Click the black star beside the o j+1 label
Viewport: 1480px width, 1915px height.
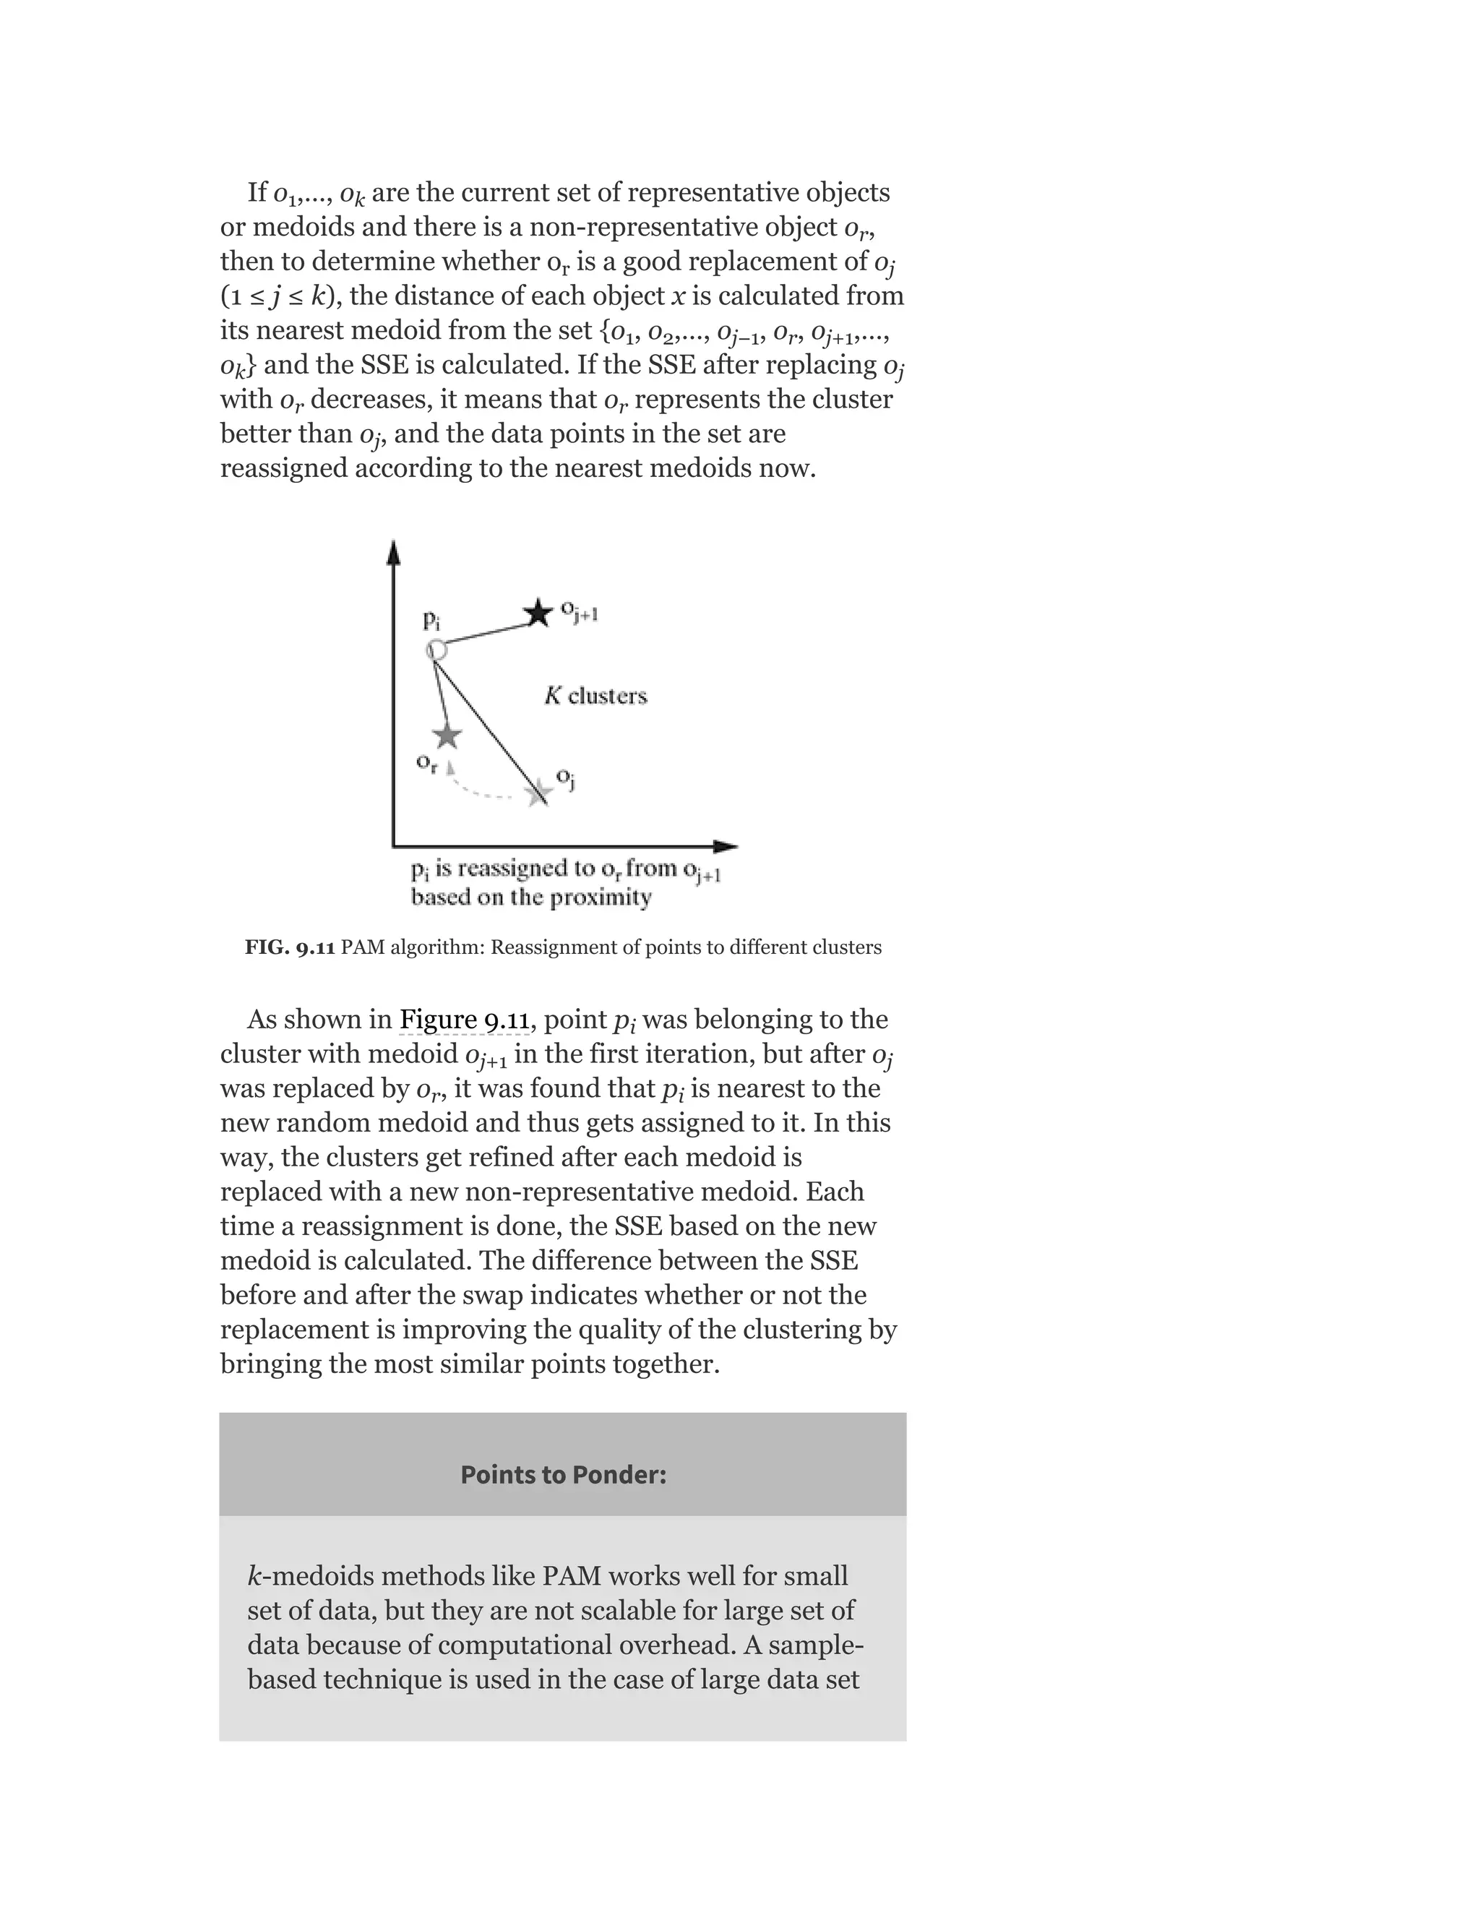538,613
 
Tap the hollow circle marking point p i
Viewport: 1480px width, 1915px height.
436,650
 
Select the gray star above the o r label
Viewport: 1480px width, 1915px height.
447,735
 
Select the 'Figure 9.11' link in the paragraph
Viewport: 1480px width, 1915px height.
464,1020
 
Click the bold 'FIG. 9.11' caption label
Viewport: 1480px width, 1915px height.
289,948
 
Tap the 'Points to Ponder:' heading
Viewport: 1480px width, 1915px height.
563,1475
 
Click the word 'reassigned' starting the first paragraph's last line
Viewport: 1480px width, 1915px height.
283,468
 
